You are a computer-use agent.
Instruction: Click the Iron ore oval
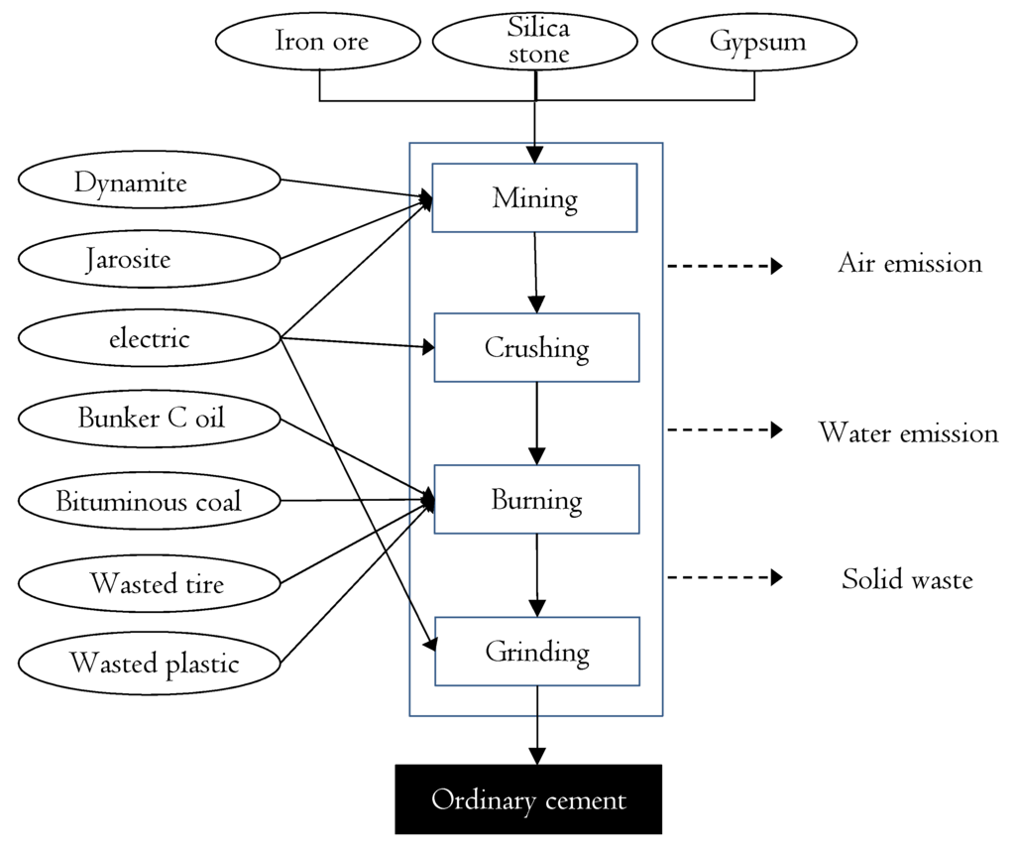[x=320, y=43]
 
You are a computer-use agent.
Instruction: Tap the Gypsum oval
[x=755, y=43]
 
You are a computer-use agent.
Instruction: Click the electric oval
[x=150, y=339]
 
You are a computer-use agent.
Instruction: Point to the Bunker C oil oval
[x=150, y=419]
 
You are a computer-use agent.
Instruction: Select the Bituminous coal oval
[x=150, y=501]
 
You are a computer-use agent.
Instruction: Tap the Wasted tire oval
[x=150, y=582]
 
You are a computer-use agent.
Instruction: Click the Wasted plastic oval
[x=150, y=663]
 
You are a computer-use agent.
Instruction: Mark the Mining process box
[x=535, y=198]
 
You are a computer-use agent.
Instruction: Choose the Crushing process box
[x=536, y=348]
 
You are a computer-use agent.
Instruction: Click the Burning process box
[x=536, y=499]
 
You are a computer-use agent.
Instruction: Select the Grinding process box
[x=536, y=652]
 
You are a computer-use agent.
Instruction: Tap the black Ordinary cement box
[x=528, y=799]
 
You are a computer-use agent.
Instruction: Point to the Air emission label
[x=909, y=263]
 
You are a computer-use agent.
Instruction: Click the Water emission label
[x=908, y=432]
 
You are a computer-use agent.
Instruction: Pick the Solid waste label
[x=907, y=578]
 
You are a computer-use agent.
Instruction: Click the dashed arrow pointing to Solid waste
[x=725, y=577]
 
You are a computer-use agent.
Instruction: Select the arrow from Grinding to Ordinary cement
[x=537, y=724]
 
